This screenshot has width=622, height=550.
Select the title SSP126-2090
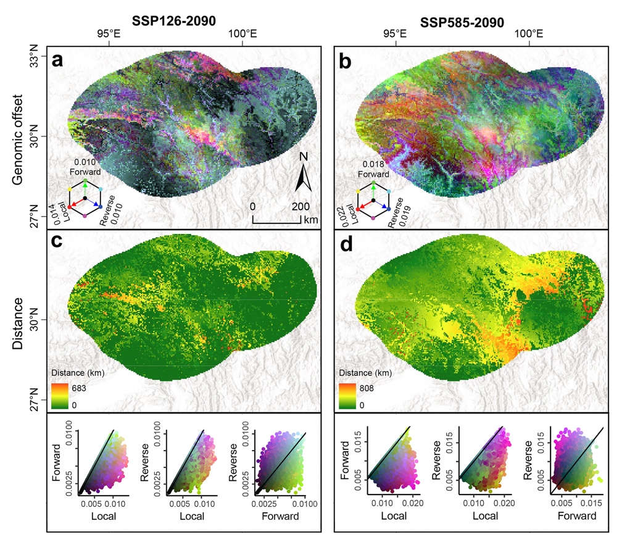[x=174, y=22]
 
